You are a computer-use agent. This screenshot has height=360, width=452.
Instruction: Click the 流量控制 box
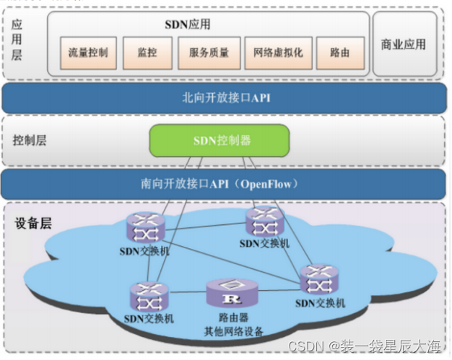pyautogui.click(x=88, y=53)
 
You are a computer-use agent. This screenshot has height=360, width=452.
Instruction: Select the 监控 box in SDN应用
pyautogui.click(x=147, y=53)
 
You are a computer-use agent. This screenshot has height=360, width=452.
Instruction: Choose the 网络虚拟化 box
pyautogui.click(x=278, y=53)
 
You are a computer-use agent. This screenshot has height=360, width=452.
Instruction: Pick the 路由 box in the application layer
pyautogui.click(x=340, y=53)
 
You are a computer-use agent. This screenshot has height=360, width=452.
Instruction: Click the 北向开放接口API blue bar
pyautogui.click(x=225, y=97)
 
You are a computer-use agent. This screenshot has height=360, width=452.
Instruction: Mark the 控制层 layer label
pyautogui.click(x=30, y=140)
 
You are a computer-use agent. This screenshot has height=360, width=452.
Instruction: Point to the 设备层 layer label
pyautogui.click(x=34, y=224)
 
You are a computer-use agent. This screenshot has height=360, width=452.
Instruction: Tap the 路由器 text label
pyautogui.click(x=233, y=317)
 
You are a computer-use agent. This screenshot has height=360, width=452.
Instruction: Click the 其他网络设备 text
pyautogui.click(x=233, y=332)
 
